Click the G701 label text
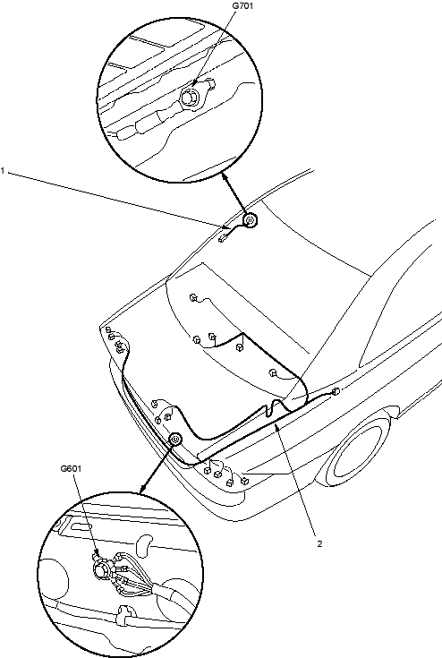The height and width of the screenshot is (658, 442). [242, 6]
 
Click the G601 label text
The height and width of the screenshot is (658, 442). [71, 468]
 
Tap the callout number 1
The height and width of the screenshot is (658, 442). [3, 171]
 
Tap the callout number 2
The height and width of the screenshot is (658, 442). [320, 543]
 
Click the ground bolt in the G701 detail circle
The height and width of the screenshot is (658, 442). [189, 97]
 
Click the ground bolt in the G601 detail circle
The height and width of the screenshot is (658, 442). [101, 570]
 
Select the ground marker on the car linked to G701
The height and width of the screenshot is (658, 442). [250, 220]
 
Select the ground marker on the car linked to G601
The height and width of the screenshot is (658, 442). [175, 440]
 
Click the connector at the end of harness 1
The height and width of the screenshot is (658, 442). [222, 238]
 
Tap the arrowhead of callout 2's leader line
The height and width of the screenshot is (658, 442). [276, 427]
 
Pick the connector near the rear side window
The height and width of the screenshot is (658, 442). [336, 391]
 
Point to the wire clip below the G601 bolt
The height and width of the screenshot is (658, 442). [124, 614]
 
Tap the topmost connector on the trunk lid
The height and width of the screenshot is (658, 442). [193, 297]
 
